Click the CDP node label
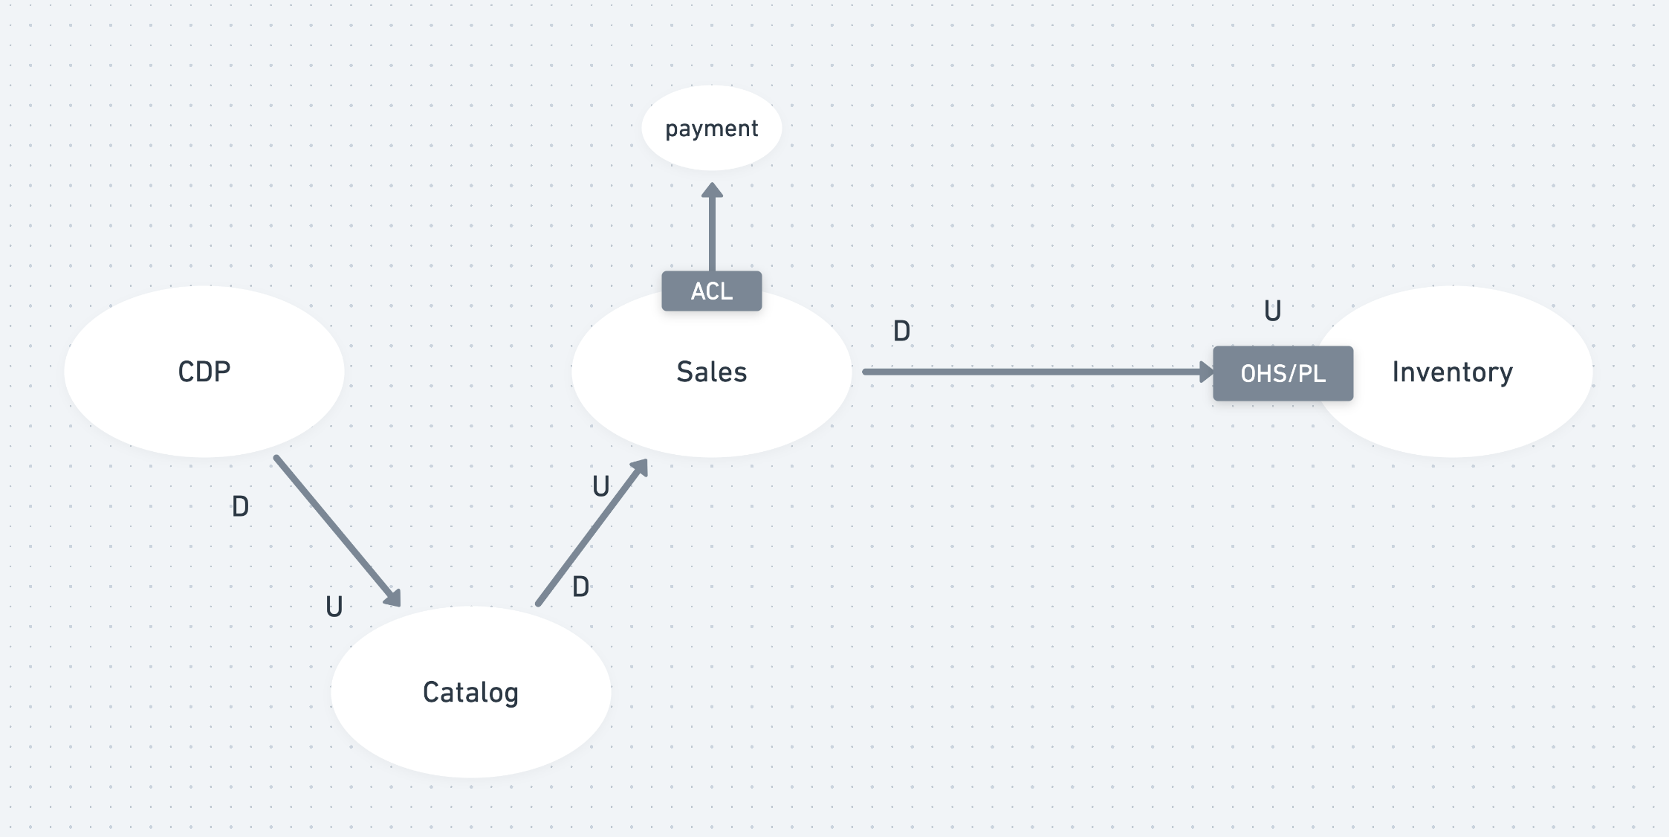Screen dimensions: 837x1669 point(204,371)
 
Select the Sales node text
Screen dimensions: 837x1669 point(711,372)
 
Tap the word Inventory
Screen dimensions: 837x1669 point(1452,372)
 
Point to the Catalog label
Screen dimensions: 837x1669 point(470,692)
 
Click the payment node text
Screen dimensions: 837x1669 point(711,129)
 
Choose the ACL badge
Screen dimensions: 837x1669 point(711,291)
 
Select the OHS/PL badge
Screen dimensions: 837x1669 point(1283,373)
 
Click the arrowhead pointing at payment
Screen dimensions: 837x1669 point(712,190)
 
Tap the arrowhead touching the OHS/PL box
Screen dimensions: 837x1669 point(1206,372)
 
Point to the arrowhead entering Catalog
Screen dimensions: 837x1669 point(393,598)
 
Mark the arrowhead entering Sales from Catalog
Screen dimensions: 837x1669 point(640,468)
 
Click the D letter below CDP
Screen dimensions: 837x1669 point(240,507)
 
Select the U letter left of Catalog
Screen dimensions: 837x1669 point(334,607)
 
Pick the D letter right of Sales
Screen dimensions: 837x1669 point(901,331)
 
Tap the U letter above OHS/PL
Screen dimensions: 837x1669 point(1272,311)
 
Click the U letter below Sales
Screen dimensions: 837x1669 point(600,486)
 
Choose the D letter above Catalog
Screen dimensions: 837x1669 point(580,586)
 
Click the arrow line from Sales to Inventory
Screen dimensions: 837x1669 point(1033,372)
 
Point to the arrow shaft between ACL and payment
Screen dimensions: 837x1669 point(712,234)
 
